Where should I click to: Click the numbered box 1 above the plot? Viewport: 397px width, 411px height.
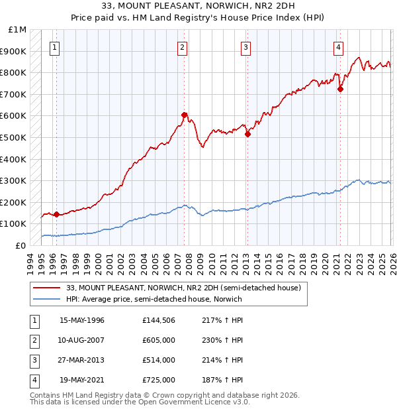click(54, 47)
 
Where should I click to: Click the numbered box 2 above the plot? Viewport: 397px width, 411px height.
click(182, 47)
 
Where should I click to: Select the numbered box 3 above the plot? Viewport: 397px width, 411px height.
click(245, 47)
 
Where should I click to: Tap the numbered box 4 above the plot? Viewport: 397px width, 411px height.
click(338, 47)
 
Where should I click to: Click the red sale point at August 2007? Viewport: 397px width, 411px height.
click(185, 115)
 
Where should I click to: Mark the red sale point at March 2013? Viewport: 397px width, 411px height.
click(247, 134)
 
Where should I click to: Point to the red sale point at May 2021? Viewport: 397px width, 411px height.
click(340, 89)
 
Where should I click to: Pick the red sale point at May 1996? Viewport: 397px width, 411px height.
click(56, 214)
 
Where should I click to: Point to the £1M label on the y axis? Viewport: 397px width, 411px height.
click(17, 30)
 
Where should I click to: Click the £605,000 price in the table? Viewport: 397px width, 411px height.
click(158, 340)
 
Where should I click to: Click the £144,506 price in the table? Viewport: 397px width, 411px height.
click(158, 320)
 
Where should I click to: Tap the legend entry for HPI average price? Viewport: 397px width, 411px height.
click(154, 299)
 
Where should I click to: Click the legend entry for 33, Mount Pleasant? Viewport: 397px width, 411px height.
click(183, 288)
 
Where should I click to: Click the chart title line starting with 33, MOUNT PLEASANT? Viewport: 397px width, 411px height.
click(198, 7)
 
